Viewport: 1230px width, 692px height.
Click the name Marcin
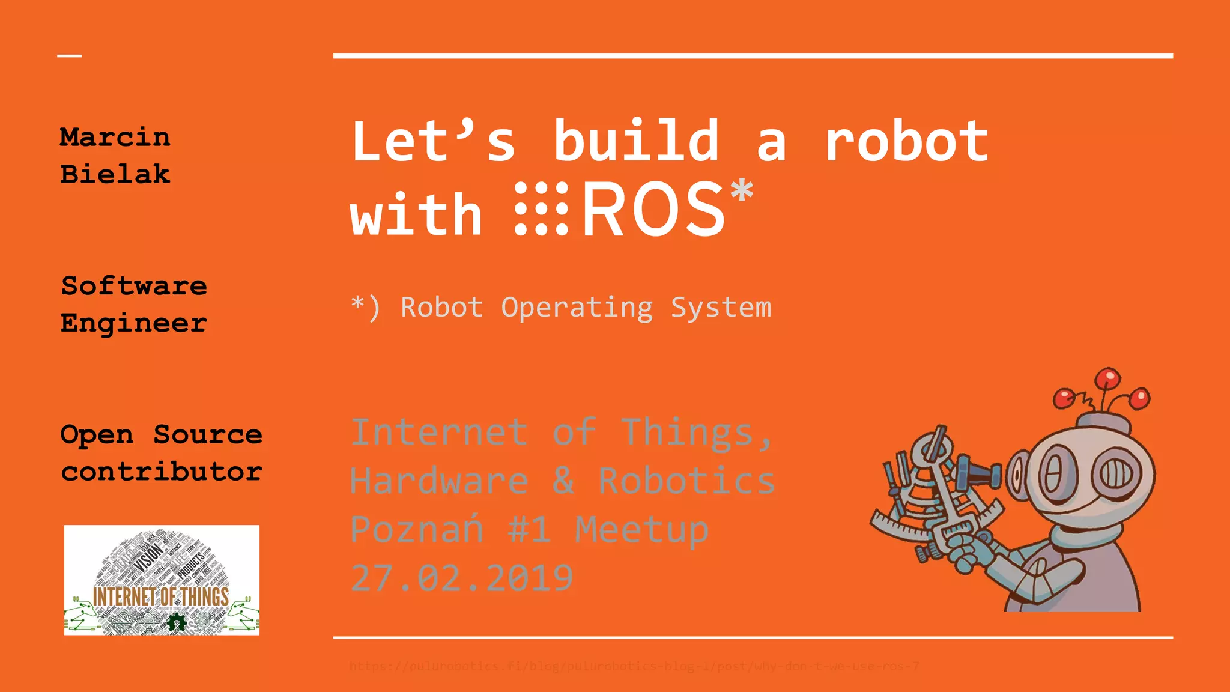point(115,138)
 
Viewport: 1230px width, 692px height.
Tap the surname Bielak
point(115,174)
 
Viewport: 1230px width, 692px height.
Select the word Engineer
point(133,323)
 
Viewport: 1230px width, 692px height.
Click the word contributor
point(162,472)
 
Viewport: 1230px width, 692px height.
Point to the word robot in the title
point(907,142)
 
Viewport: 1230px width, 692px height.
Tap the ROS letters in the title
point(653,210)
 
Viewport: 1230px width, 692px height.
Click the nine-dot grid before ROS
point(541,208)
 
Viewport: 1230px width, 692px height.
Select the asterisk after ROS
point(742,191)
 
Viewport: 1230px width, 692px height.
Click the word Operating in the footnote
point(577,308)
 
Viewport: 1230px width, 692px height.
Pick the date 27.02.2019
point(461,578)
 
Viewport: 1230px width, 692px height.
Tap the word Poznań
point(417,529)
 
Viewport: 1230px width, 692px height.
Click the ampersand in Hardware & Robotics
point(563,481)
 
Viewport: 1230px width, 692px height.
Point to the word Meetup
point(641,529)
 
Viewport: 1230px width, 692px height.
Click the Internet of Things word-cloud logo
point(162,580)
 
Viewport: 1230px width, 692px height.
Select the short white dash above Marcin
point(70,56)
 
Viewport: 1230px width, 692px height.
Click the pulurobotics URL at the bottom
point(634,666)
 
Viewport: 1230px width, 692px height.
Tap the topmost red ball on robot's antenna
point(1107,379)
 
